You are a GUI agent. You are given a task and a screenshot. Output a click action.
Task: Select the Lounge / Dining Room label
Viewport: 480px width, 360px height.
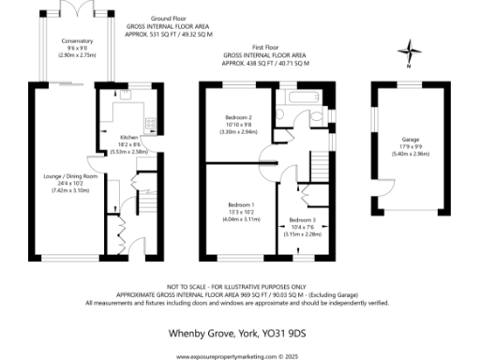pos(65,175)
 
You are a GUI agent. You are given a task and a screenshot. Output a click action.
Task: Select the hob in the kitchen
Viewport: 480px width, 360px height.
pos(149,123)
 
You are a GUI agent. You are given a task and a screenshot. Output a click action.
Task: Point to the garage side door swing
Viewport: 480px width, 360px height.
pos(382,191)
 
